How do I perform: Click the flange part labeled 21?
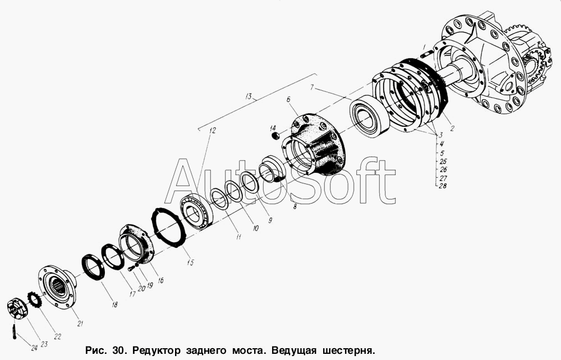[57, 286]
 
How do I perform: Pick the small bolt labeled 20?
[131, 268]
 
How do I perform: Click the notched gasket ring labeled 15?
[169, 227]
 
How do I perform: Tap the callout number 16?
[160, 280]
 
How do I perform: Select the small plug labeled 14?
[275, 136]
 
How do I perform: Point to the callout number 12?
[213, 130]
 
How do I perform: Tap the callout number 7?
[312, 87]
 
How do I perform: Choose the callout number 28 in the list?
[443, 186]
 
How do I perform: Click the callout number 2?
[452, 128]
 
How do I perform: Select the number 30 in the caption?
[118, 349]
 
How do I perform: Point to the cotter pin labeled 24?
[15, 331]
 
